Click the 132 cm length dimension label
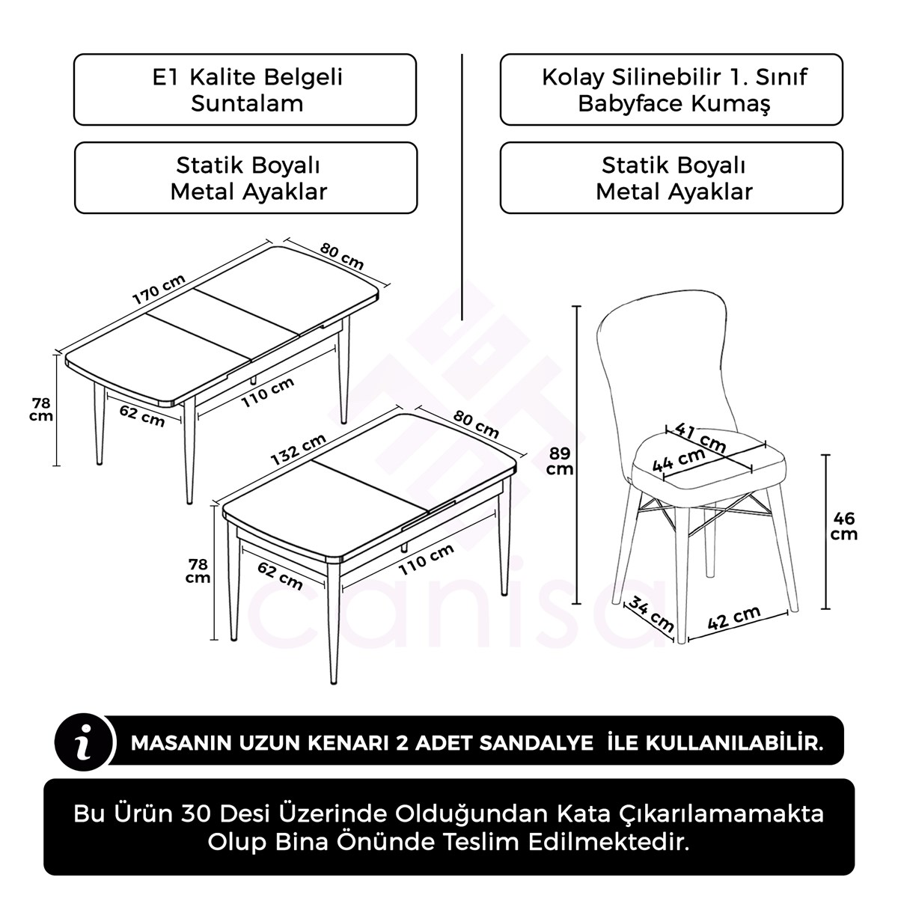tap(298, 450)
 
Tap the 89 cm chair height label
tap(559, 461)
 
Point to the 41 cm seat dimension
tap(700, 438)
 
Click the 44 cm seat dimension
tap(679, 459)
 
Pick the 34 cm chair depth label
tap(648, 611)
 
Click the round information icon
tap(85, 742)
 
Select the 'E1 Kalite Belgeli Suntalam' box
tap(245, 90)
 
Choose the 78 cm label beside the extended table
tap(41, 409)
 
